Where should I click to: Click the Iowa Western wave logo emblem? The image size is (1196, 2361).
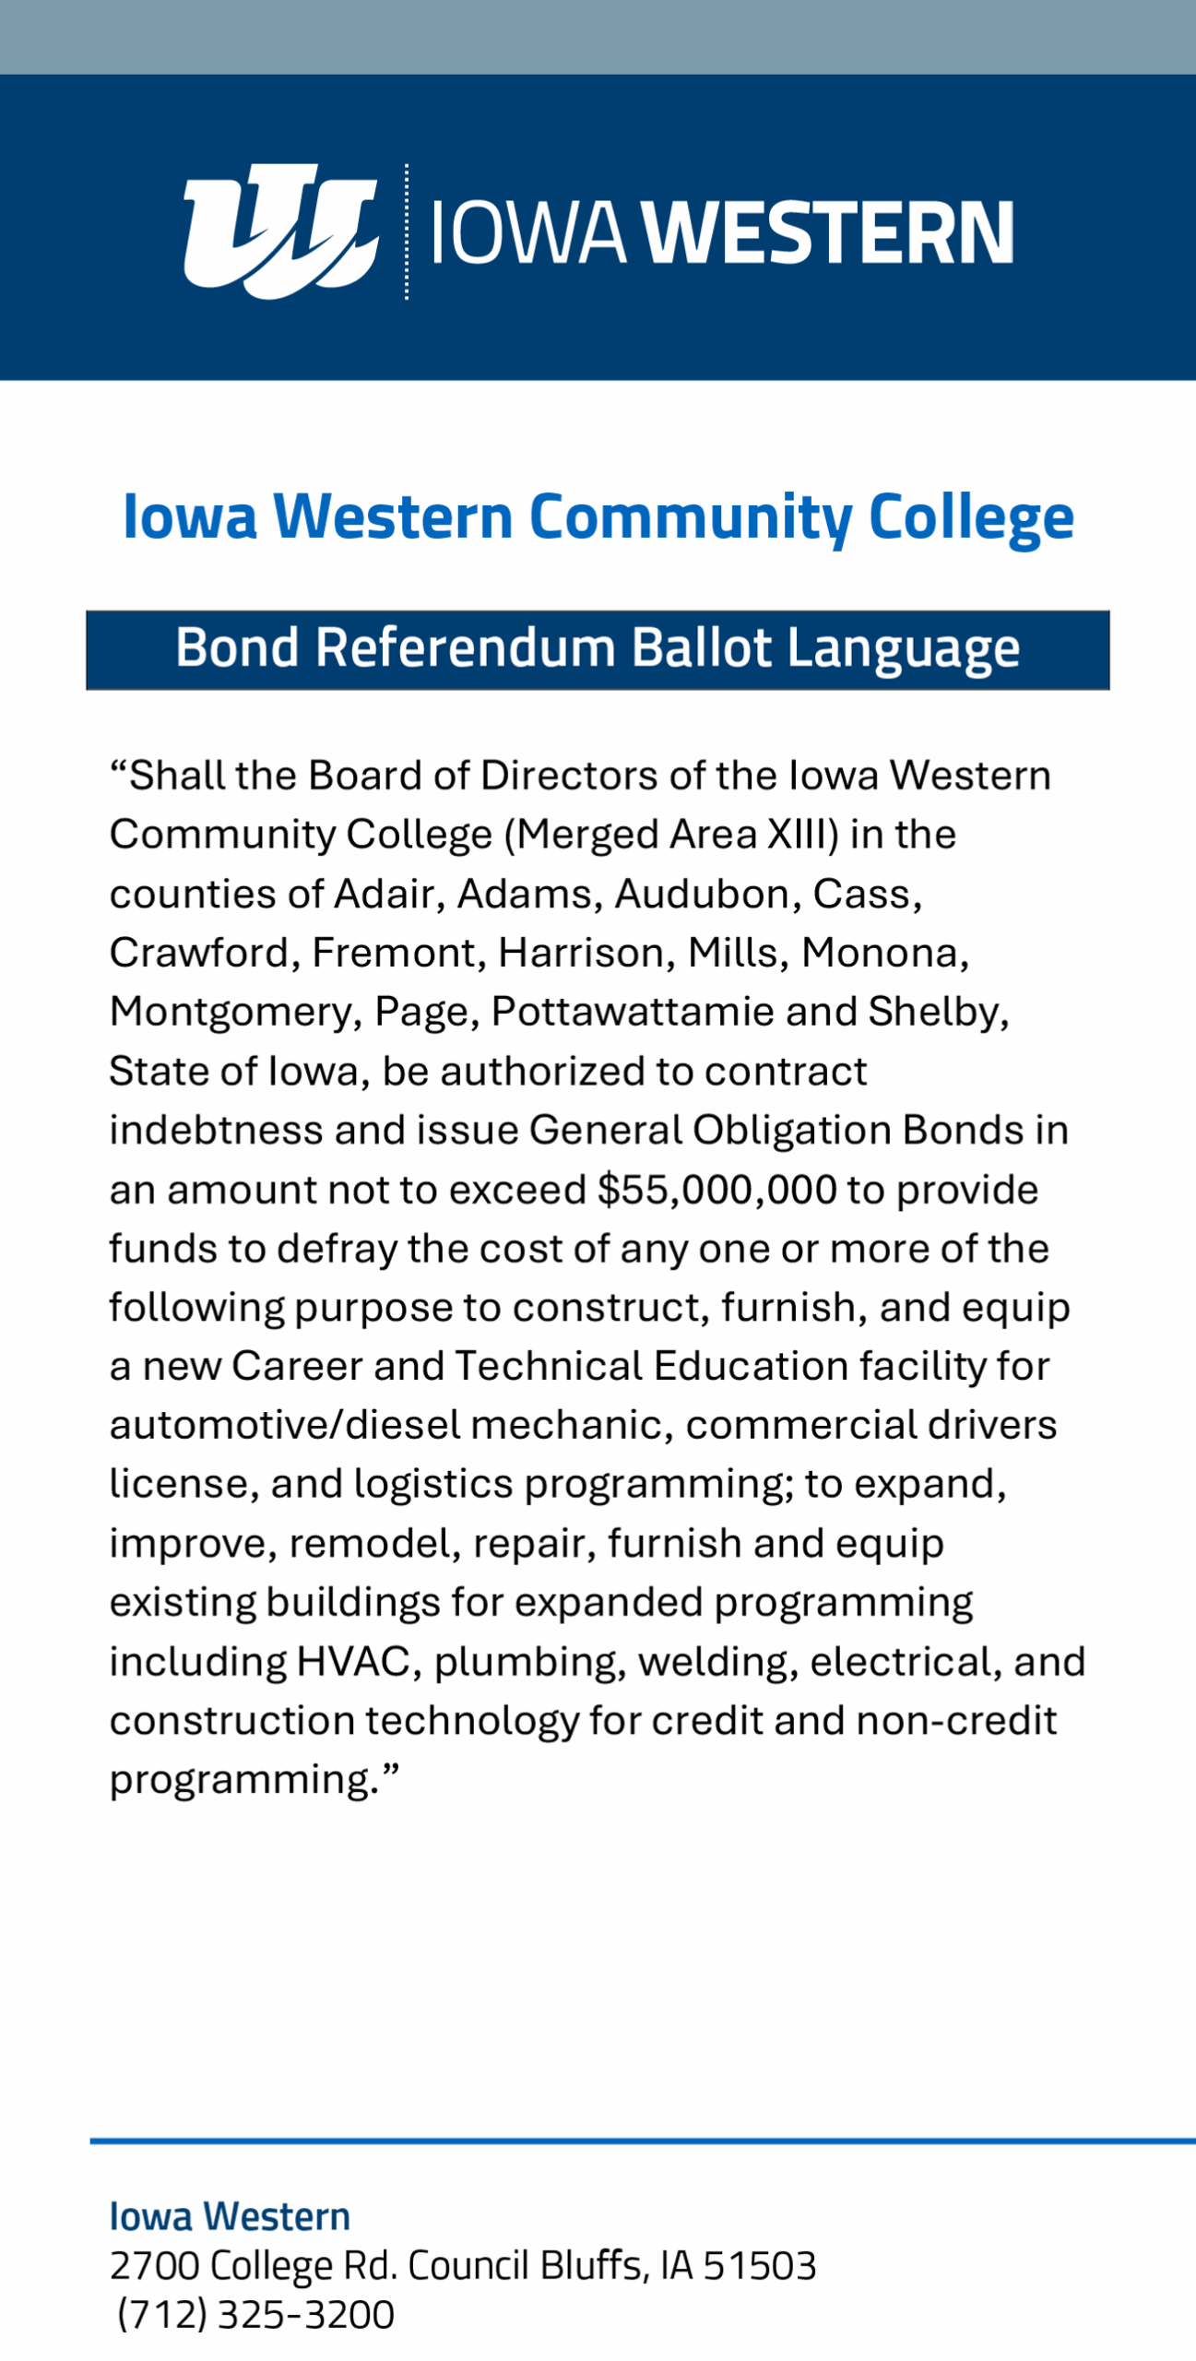[x=280, y=231]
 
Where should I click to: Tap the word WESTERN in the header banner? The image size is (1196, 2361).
[x=828, y=232]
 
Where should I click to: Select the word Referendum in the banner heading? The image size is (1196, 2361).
[x=465, y=648]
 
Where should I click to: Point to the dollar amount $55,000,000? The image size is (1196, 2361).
[x=716, y=1190]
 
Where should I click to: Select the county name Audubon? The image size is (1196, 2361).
[x=702, y=894]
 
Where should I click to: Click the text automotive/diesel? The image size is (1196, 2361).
[x=284, y=1425]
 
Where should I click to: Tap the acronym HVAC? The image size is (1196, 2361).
[x=352, y=1662]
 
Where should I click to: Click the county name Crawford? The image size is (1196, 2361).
[x=198, y=953]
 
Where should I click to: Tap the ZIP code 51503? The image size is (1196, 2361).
[x=759, y=2266]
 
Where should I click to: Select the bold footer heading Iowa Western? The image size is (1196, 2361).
[x=230, y=2217]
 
